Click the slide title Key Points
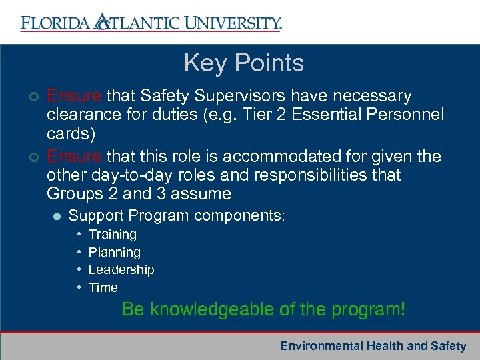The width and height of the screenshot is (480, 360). pyautogui.click(x=243, y=63)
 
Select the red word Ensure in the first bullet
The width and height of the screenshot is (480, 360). pyautogui.click(x=75, y=96)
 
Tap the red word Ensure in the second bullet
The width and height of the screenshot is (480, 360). pyautogui.click(x=75, y=157)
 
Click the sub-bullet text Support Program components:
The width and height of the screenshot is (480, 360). pyautogui.click(x=177, y=216)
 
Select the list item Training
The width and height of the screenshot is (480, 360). pyautogui.click(x=113, y=235)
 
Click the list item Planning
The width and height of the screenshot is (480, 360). pyautogui.click(x=115, y=253)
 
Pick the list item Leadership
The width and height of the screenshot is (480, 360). pyautogui.click(x=121, y=270)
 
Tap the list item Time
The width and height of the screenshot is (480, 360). pyautogui.click(x=103, y=288)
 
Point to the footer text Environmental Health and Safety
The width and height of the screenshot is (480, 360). pyautogui.click(x=373, y=346)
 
